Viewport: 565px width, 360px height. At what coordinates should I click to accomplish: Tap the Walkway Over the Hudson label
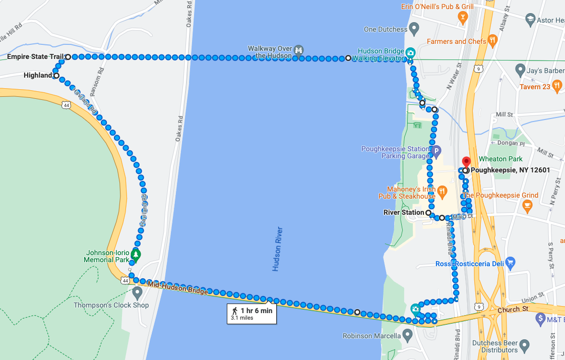[270, 52]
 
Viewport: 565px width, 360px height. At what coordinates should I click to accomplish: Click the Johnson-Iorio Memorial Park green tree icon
[136, 253]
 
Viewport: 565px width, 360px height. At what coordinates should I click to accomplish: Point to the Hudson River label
[278, 249]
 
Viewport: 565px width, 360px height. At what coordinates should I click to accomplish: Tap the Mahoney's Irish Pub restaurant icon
[442, 191]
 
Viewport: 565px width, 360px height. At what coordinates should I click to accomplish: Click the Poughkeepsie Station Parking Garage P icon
[436, 150]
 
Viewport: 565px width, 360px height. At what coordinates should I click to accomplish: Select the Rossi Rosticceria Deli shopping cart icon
[510, 262]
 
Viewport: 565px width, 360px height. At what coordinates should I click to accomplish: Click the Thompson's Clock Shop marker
[137, 292]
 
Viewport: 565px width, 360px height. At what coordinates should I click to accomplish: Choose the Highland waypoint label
[38, 76]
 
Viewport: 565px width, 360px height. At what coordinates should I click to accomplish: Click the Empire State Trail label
[34, 57]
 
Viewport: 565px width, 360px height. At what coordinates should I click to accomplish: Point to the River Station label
[404, 213]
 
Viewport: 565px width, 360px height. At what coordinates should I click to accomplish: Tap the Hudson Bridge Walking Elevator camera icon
[410, 52]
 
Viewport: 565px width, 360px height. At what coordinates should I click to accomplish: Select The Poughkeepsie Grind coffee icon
[527, 205]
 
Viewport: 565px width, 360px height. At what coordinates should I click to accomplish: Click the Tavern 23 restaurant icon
[557, 85]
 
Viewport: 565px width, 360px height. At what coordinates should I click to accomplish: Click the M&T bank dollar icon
[541, 319]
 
